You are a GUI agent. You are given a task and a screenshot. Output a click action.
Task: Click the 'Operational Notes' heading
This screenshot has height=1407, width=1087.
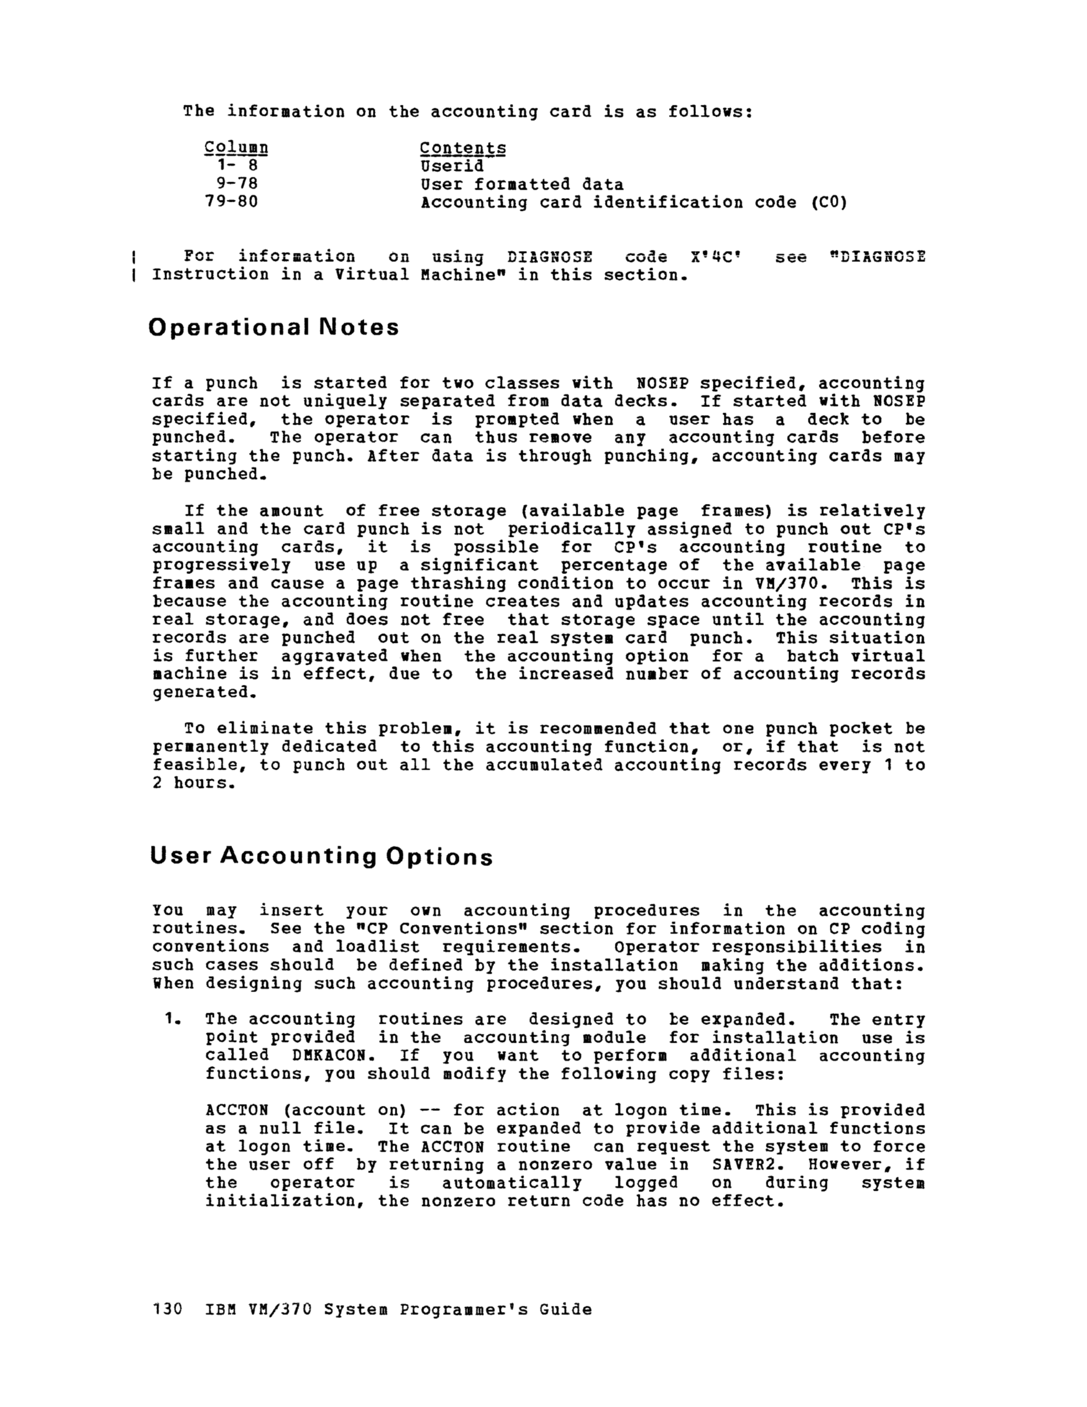pyautogui.click(x=273, y=327)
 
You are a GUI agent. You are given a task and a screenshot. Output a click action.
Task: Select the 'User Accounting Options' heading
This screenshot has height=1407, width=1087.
pyautogui.click(x=321, y=856)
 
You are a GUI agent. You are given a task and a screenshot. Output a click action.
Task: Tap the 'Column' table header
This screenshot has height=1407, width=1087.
pyautogui.click(x=236, y=148)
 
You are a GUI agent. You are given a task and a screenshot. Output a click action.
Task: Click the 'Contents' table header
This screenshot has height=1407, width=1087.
pyautogui.click(x=462, y=148)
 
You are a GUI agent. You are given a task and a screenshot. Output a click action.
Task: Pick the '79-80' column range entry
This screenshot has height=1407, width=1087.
pyautogui.click(x=232, y=202)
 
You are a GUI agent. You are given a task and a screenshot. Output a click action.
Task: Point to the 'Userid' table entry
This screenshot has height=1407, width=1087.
pyautogui.click(x=451, y=166)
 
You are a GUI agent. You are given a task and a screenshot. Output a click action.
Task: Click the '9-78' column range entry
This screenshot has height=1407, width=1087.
pyautogui.click(x=236, y=184)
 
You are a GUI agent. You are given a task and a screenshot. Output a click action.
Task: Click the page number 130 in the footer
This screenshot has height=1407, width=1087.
pyautogui.click(x=168, y=1310)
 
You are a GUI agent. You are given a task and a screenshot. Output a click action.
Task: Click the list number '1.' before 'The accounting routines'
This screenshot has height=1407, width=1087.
pyautogui.click(x=172, y=1019)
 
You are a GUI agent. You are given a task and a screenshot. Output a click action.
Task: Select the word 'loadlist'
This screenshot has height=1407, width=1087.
pyautogui.click(x=377, y=947)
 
